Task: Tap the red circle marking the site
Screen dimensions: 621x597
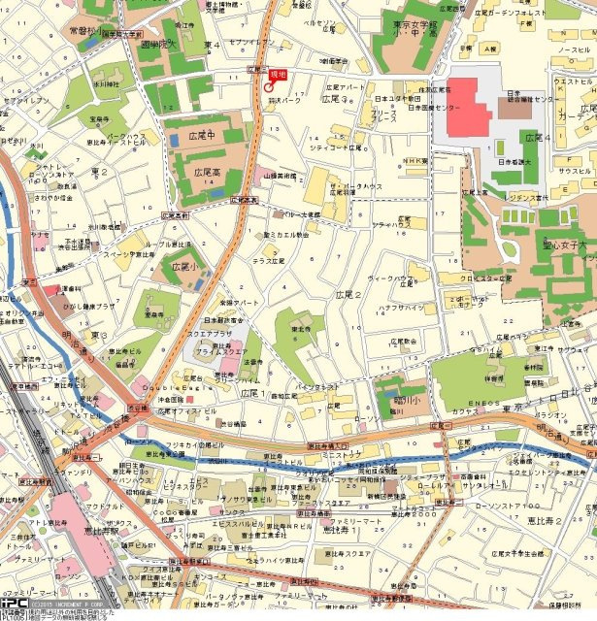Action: tap(269, 87)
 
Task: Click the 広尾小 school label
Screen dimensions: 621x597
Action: tap(187, 265)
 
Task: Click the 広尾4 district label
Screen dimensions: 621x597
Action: tap(537, 139)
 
